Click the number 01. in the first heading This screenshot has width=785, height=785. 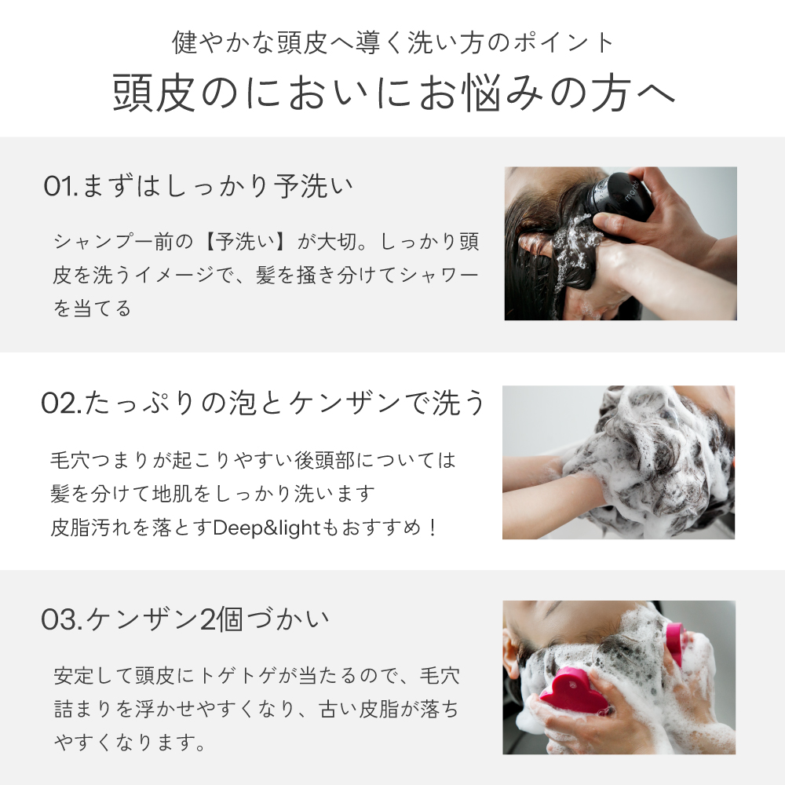[x=60, y=186]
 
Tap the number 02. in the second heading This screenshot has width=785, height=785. [x=61, y=403]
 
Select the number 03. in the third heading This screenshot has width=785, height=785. [x=61, y=620]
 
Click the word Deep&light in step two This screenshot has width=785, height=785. [x=266, y=528]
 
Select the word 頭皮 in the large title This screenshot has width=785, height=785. [x=154, y=93]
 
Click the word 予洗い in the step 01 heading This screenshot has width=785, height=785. [x=313, y=186]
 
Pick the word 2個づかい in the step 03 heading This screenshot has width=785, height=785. [x=265, y=620]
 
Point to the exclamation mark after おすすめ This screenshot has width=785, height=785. [x=433, y=528]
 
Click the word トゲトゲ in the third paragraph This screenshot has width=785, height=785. [x=238, y=676]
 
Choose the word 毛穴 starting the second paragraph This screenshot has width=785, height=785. [x=70, y=460]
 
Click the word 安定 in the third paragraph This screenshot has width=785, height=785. [x=74, y=676]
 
